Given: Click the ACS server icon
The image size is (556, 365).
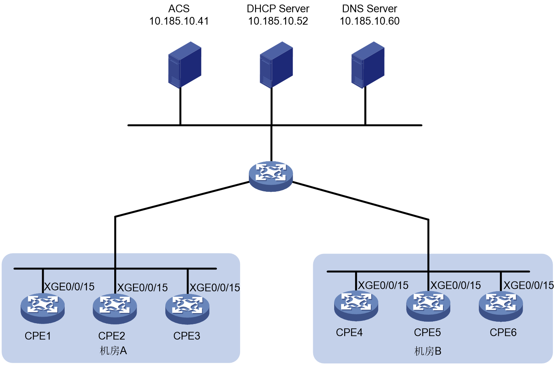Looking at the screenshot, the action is click(185, 65).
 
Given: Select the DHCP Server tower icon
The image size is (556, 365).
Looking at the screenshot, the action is click(276, 65).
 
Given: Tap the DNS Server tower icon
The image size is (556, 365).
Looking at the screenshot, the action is click(368, 65).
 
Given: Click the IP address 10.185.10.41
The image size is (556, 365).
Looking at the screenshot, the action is click(179, 21).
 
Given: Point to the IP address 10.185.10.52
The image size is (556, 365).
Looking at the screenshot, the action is click(278, 21).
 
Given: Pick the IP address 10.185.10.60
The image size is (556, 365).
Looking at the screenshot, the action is click(370, 21).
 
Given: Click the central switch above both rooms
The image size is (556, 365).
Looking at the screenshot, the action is click(271, 176).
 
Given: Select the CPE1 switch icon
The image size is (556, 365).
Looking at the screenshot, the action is click(43, 309).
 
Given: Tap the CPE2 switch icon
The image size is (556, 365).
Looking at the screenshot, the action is click(115, 309).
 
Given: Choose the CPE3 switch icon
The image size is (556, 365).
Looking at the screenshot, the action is click(187, 309).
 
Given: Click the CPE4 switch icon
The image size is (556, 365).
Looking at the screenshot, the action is click(356, 306).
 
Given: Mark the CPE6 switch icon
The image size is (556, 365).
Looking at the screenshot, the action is click(501, 307).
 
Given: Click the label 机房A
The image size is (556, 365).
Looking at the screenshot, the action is click(113, 351).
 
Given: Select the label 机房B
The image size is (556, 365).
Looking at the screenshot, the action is click(428, 351).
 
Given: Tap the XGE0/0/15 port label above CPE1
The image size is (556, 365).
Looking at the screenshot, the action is click(69, 287).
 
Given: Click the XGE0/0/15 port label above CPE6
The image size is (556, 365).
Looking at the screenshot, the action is click(529, 285).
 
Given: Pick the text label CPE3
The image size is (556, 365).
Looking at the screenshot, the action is click(187, 336).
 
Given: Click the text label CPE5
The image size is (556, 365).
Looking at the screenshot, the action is click(427, 333).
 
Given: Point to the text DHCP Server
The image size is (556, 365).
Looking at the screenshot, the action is click(278, 9).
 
